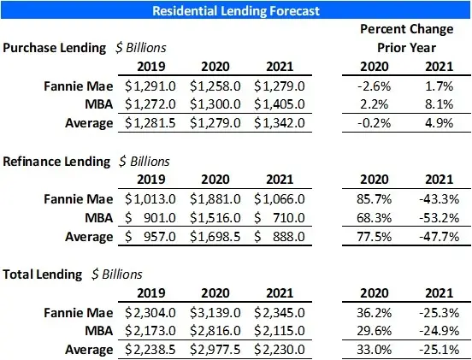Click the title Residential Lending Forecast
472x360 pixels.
coord(235,11)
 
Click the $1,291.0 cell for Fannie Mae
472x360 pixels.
coord(152,86)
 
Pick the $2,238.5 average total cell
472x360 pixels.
coord(152,349)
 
